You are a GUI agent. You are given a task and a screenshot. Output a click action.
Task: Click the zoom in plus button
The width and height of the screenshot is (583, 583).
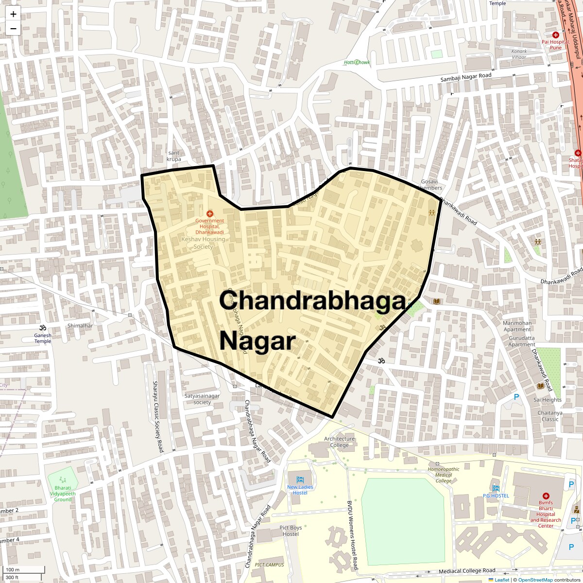pyautogui.click(x=13, y=14)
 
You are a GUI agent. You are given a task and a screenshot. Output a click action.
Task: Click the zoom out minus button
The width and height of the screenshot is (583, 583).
pyautogui.click(x=13, y=28)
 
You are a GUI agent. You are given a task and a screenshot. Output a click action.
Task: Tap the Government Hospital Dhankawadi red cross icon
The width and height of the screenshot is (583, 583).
pyautogui.click(x=210, y=214)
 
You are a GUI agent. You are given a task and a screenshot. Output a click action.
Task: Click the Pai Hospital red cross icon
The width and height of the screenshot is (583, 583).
pyautogui.click(x=556, y=35)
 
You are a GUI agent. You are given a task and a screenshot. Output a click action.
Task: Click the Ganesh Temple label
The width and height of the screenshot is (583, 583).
pyautogui.click(x=43, y=338)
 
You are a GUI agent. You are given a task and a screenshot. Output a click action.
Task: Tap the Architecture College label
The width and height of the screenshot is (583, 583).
pyautogui.click(x=340, y=442)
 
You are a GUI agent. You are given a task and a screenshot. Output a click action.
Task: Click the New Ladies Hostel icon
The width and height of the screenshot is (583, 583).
pyautogui.click(x=300, y=479)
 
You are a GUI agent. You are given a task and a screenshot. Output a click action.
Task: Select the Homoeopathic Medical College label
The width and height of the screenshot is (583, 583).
pyautogui.click(x=444, y=475)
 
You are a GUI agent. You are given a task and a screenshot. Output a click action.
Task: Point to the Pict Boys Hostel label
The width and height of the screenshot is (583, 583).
pyautogui.click(x=291, y=531)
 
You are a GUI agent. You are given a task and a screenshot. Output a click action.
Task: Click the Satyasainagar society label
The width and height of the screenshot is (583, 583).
pyautogui.click(x=202, y=399)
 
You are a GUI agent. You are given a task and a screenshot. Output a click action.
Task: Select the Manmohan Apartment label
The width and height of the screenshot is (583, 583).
pyautogui.click(x=517, y=326)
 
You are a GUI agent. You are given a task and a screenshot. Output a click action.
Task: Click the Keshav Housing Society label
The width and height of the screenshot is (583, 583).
pyautogui.click(x=203, y=243)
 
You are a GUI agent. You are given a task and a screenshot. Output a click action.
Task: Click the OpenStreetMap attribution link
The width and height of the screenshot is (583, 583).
pyautogui.click(x=535, y=580)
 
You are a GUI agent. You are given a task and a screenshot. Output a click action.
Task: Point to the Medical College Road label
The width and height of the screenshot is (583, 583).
pyautogui.click(x=466, y=571)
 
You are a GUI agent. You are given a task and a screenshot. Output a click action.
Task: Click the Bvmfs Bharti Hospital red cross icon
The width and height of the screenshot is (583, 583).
pyautogui.click(x=546, y=496)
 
